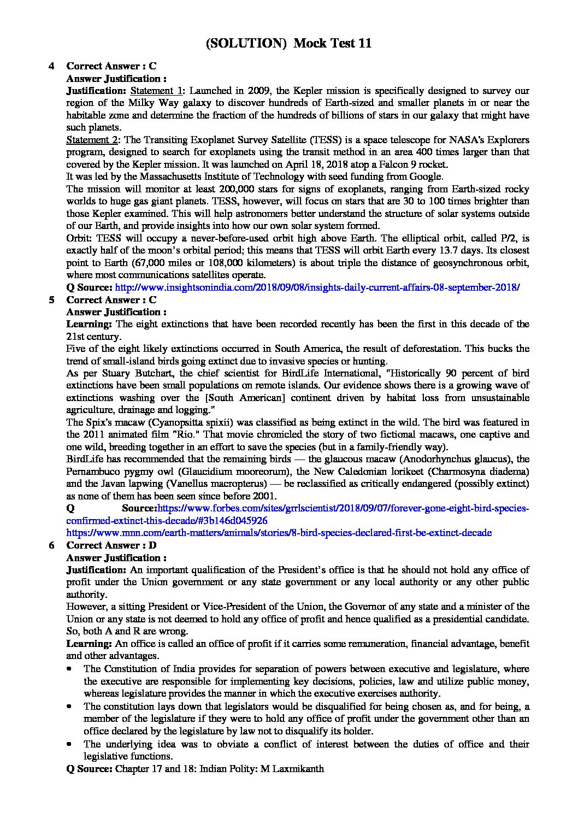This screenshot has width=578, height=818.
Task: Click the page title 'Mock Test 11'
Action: (332, 44)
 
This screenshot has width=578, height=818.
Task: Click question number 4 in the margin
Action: (51, 66)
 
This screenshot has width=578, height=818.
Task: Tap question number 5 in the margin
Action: (51, 300)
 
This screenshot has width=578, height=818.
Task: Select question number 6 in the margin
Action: (51, 545)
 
